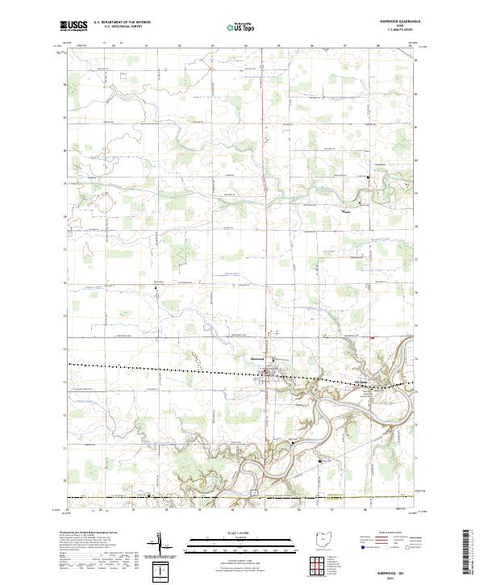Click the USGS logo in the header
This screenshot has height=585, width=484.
[x=73, y=26]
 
